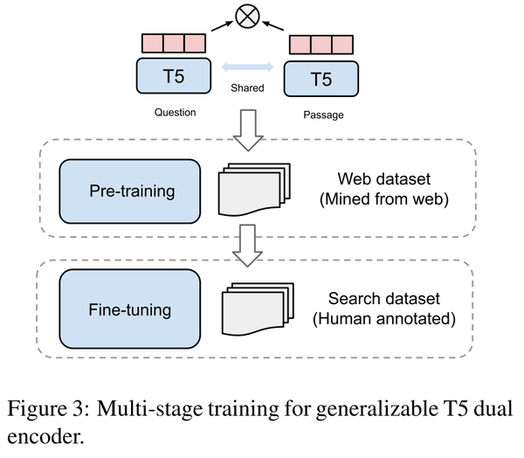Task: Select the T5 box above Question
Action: (x=173, y=74)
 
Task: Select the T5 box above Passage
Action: (x=321, y=80)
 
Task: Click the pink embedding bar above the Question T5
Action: (x=173, y=43)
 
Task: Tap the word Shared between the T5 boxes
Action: (x=247, y=87)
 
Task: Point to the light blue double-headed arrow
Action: (x=247, y=68)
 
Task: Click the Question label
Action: (x=175, y=112)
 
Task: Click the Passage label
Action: (x=321, y=115)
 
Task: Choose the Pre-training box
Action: (x=129, y=190)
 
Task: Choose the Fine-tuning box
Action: (x=129, y=309)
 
